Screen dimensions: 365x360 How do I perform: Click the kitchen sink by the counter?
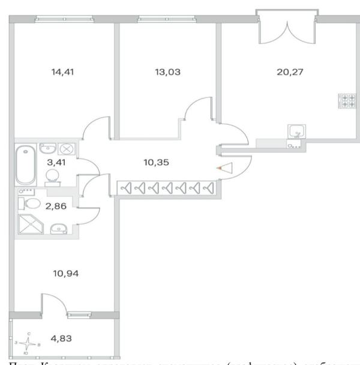[x=296, y=131]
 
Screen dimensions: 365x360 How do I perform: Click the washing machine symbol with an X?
[x=68, y=148]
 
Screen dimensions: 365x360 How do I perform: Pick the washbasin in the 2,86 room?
[x=58, y=228]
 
